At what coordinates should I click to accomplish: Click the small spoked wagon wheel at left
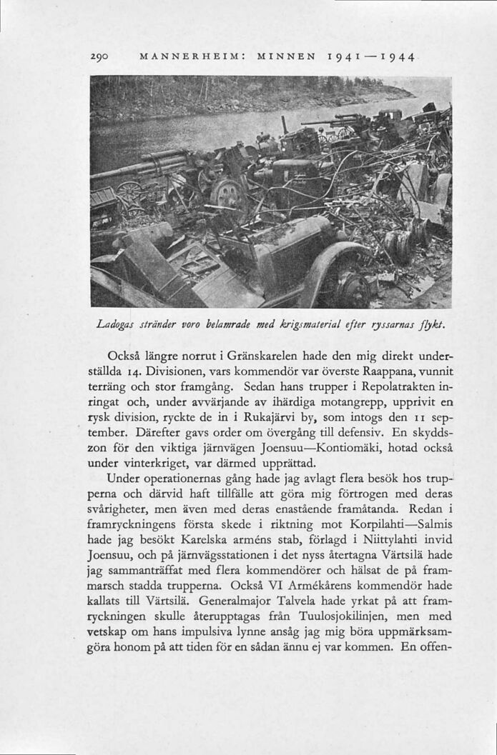[x=129, y=194]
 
